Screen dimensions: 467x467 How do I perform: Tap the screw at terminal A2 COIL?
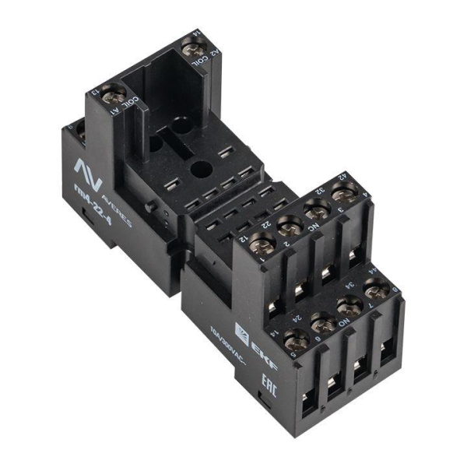point(191,48)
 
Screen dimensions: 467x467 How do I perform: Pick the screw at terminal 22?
point(289,226)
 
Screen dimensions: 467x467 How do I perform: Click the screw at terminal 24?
point(321,321)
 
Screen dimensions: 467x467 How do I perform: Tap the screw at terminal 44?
point(376,290)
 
